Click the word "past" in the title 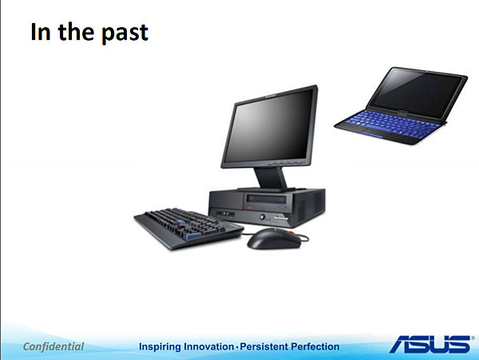click(x=125, y=34)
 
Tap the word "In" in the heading click(x=41, y=32)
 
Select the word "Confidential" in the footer click(x=53, y=346)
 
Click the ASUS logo click(x=431, y=344)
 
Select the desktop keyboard click(x=188, y=227)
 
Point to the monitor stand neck click(x=270, y=178)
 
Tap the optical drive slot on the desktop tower click(x=267, y=200)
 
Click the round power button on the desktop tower click(x=262, y=217)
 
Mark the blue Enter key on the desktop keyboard click(x=193, y=235)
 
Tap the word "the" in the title click(x=76, y=32)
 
